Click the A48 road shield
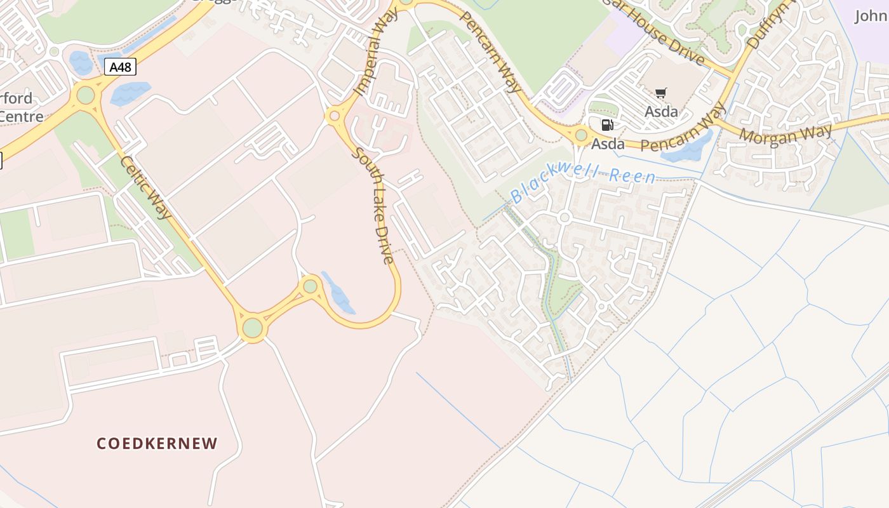point(119,67)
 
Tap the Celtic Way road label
point(145,188)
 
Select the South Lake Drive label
point(375,205)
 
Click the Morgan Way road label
point(785,135)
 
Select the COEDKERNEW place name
point(157,443)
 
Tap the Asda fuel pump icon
point(607,125)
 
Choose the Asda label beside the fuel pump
point(608,144)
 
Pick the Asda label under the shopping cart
point(661,112)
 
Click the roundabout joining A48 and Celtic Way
point(85,95)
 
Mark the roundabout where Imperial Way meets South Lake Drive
point(334,117)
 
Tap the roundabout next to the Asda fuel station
point(581,135)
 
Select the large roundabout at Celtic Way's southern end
point(252,328)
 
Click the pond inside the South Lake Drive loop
point(339,294)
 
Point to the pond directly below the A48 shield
point(130,93)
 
